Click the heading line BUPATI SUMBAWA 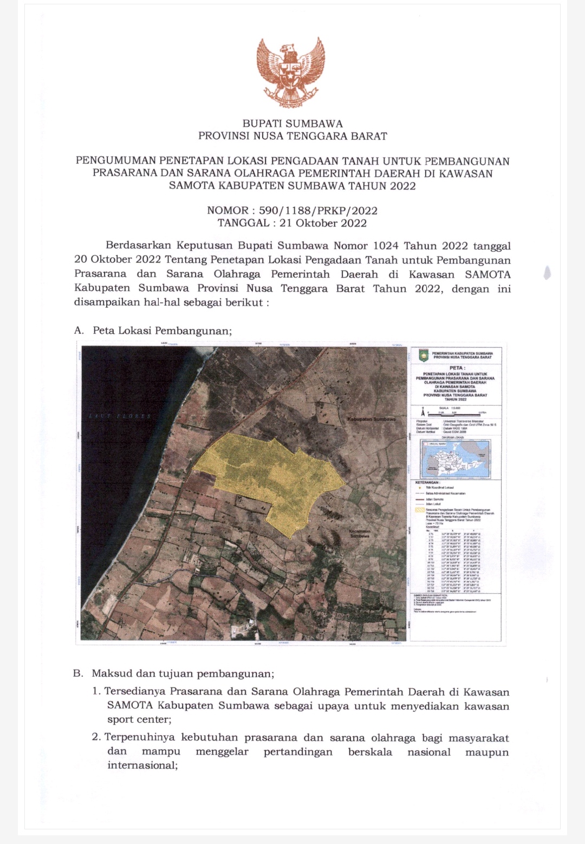[x=292, y=124]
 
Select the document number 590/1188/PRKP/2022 [x=318, y=211]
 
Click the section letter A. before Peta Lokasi [x=79, y=330]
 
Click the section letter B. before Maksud [x=79, y=674]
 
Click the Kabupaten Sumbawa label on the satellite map [x=371, y=419]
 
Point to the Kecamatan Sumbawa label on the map [x=360, y=533]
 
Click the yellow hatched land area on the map [x=271, y=477]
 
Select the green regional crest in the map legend [x=424, y=355]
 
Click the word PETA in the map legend [x=456, y=368]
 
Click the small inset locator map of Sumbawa [x=456, y=458]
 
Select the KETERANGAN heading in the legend [x=427, y=482]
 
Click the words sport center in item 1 [x=139, y=719]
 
